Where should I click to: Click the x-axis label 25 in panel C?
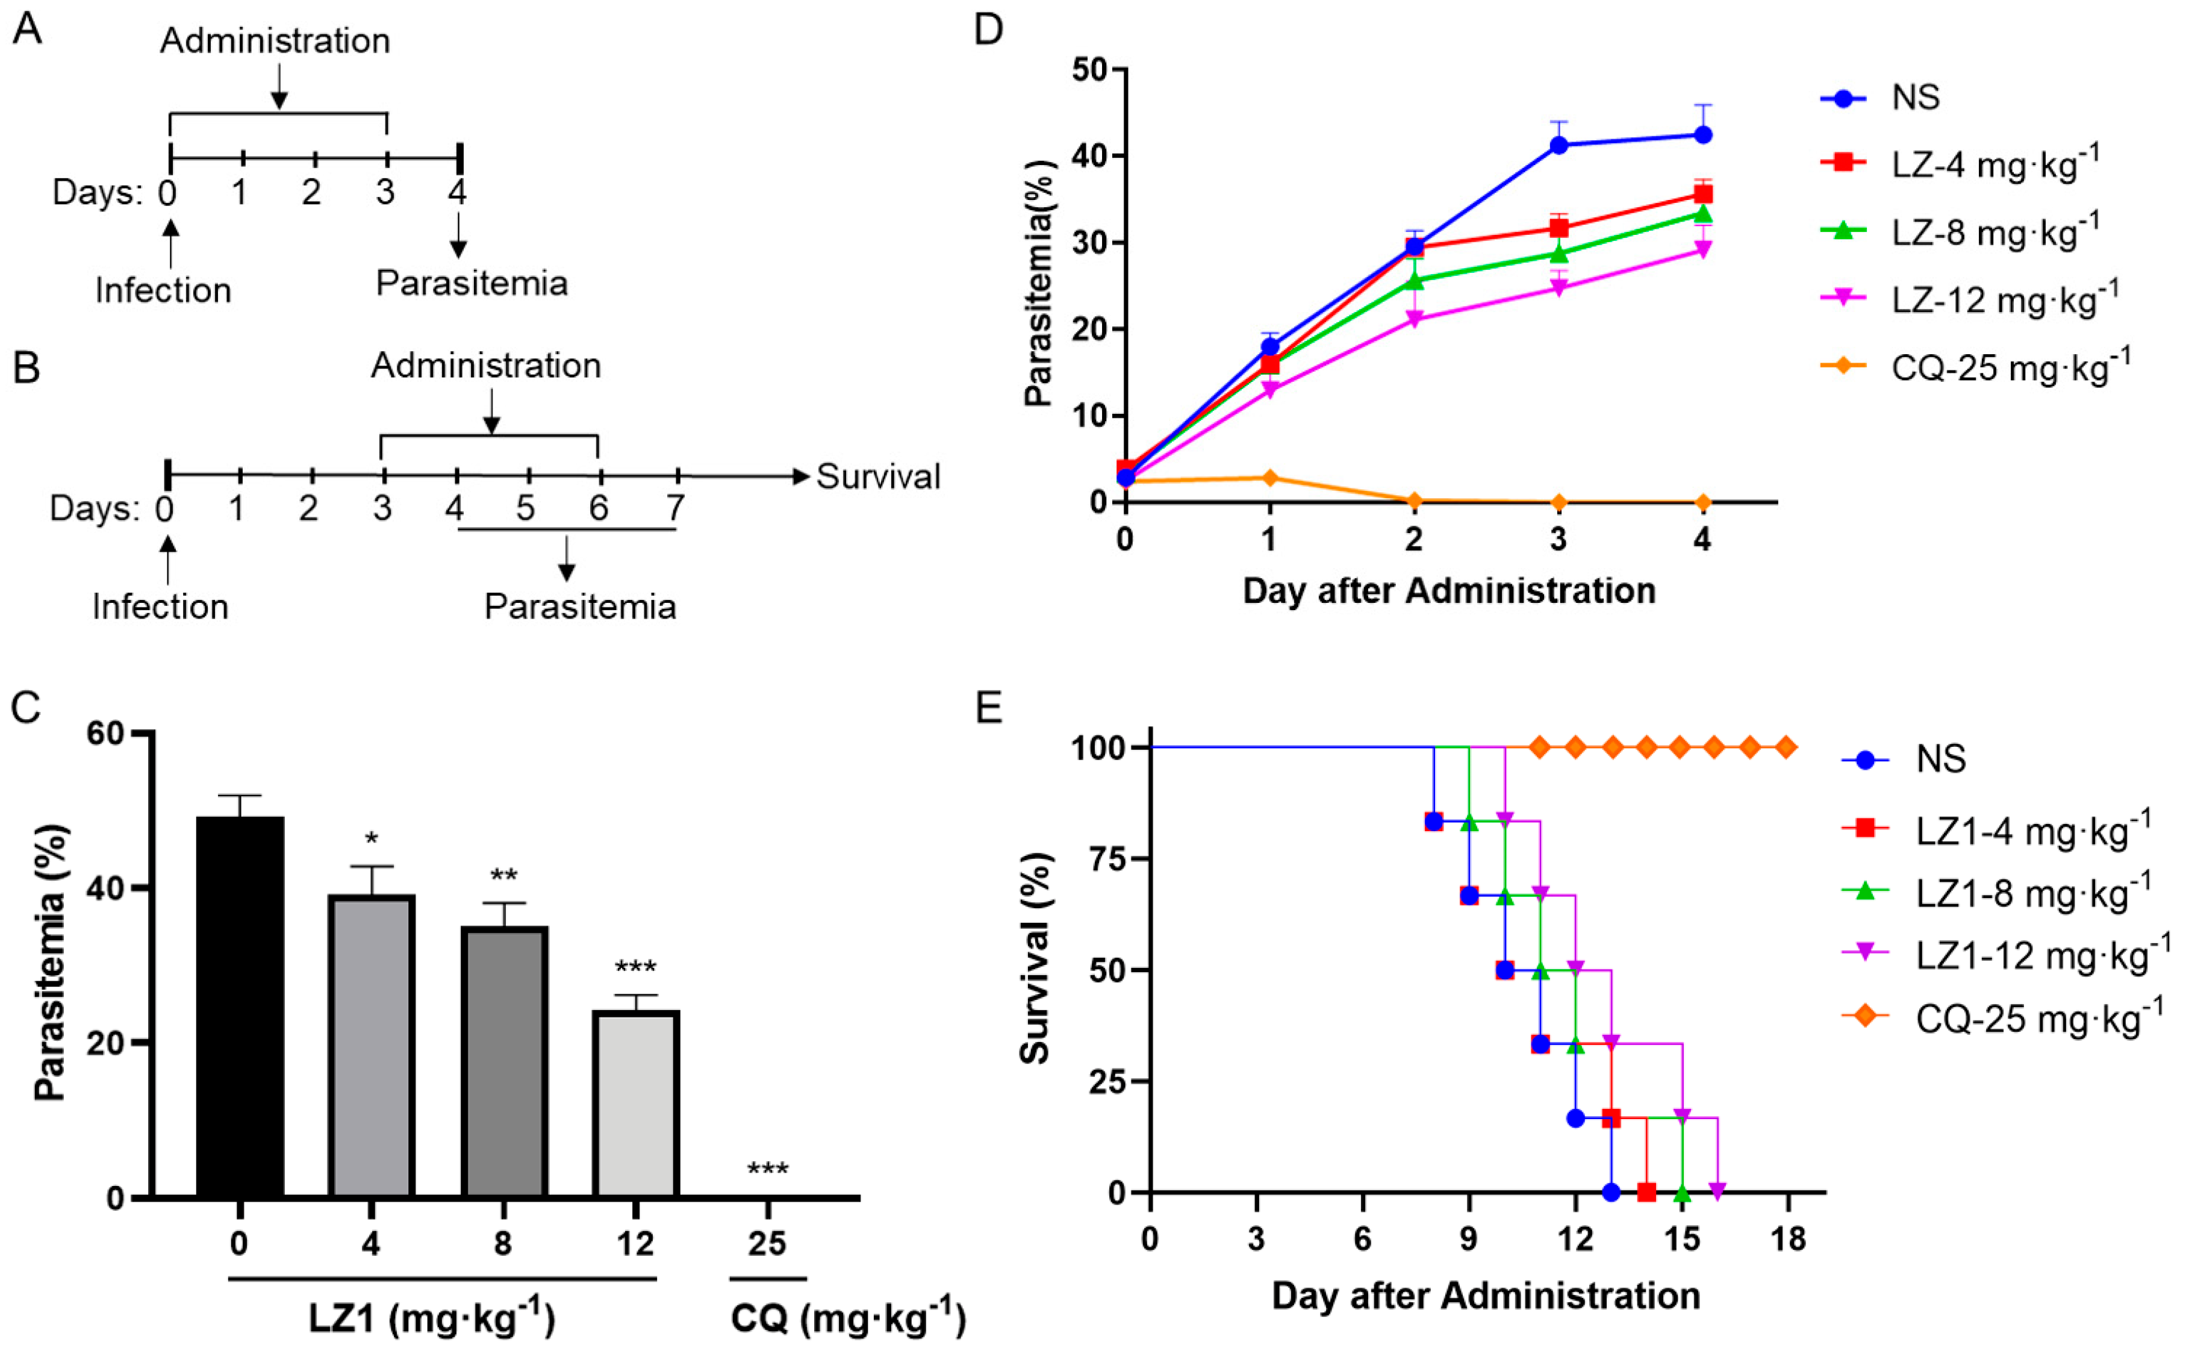pyautogui.click(x=767, y=1243)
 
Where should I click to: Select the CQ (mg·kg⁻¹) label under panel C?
pyautogui.click(x=847, y=1318)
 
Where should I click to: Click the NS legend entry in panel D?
pyautogui.click(x=1914, y=96)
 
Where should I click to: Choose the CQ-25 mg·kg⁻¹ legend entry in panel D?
pyautogui.click(x=2010, y=366)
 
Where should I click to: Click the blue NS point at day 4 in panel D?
pyautogui.click(x=1702, y=135)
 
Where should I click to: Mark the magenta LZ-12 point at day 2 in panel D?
pyautogui.click(x=1414, y=319)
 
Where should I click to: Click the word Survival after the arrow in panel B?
pyautogui.click(x=878, y=476)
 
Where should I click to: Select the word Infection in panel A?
pyautogui.click(x=163, y=290)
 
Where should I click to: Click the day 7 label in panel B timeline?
pyautogui.click(x=675, y=508)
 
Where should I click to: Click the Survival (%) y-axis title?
pyautogui.click(x=1035, y=958)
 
